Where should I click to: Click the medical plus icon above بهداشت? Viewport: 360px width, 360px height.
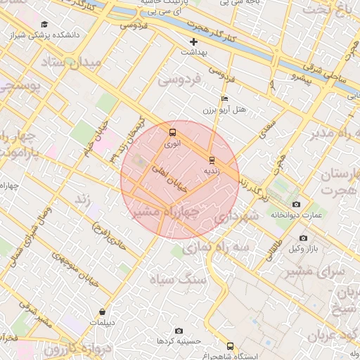click(x=194, y=41)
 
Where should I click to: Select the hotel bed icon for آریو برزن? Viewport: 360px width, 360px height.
click(x=224, y=99)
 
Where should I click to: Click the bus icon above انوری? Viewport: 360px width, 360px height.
click(x=172, y=132)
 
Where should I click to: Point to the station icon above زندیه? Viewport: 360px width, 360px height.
click(x=212, y=160)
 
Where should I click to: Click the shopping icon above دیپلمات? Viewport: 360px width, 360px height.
click(x=103, y=312)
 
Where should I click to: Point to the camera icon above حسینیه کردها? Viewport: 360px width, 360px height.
click(x=179, y=330)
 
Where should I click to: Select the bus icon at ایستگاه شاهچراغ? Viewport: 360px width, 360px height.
click(x=230, y=346)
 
